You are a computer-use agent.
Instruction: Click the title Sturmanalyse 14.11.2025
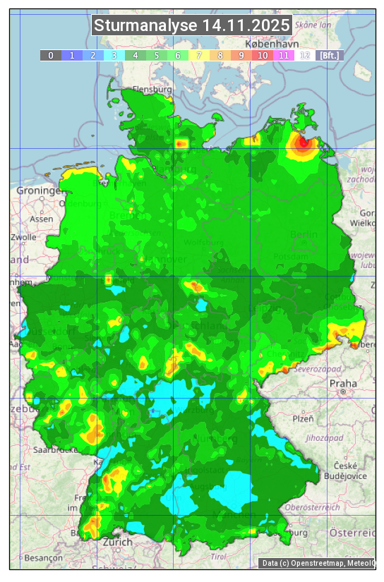[x=191, y=25]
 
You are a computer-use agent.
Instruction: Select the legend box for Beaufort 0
[x=51, y=55]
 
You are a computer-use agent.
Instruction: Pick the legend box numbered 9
[x=241, y=55]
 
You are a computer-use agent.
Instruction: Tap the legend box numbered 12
[x=305, y=55]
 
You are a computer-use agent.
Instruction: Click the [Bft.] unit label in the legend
[x=329, y=55]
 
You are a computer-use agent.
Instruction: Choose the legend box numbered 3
[x=114, y=55]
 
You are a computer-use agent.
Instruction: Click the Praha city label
[x=343, y=383]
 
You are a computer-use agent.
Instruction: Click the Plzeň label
[x=303, y=418]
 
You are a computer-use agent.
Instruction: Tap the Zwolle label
[x=23, y=237]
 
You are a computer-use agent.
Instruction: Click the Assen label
[x=42, y=219]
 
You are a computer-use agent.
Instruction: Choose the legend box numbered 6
[x=178, y=55]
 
